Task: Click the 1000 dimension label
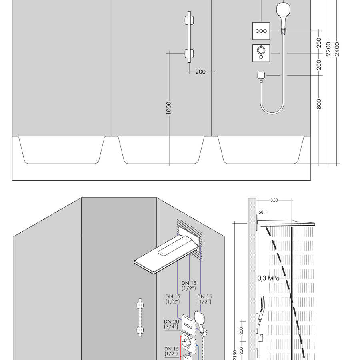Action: click(168, 108)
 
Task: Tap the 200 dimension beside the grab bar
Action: click(200, 72)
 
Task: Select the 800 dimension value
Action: click(319, 104)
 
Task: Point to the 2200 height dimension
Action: click(328, 49)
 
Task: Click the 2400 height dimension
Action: click(337, 49)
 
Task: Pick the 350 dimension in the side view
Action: click(274, 200)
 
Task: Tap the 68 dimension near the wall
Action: click(261, 212)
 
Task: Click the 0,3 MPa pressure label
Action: click(268, 278)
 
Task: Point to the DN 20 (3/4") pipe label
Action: click(171, 324)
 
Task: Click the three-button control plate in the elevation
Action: click(261, 31)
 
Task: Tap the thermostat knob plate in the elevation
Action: click(261, 53)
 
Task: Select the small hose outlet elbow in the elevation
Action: click(261, 76)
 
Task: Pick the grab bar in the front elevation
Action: click(189, 37)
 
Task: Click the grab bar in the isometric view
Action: click(140, 318)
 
